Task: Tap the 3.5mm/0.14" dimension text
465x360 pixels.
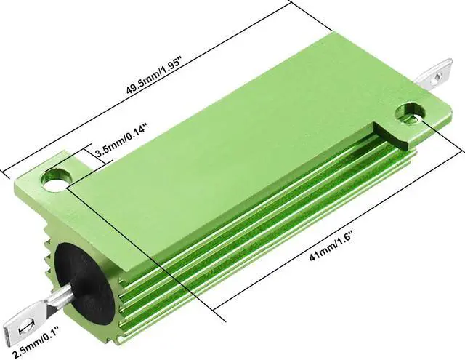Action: pos(121,143)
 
